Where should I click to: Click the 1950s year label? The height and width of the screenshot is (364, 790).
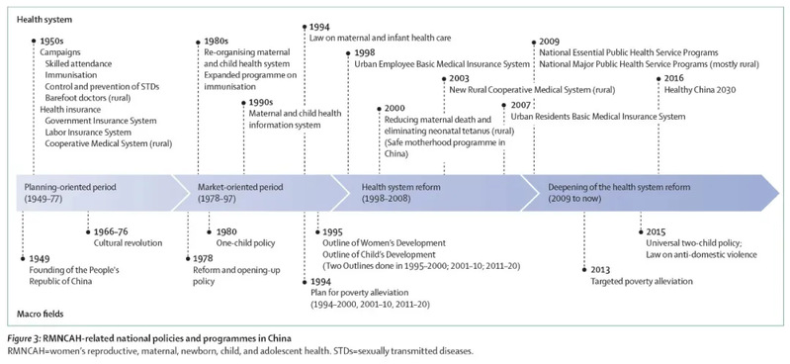[x=51, y=42]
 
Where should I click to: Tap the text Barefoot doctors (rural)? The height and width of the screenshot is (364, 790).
[x=88, y=98]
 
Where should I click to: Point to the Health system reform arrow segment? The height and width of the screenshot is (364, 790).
[x=433, y=193]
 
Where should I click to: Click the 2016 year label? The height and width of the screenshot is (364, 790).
[x=674, y=78]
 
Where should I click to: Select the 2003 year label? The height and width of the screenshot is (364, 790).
[x=459, y=79]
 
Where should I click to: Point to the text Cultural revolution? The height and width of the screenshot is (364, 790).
[x=128, y=243]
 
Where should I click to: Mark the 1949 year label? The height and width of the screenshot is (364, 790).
[x=39, y=258]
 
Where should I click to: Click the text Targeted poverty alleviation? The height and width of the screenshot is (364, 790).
[x=642, y=281]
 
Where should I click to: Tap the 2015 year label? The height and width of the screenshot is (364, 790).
[x=656, y=231]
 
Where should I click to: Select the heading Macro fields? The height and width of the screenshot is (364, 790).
[x=41, y=315]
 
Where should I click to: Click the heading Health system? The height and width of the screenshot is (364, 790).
[x=44, y=20]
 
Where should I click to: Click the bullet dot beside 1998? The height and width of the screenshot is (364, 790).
[x=348, y=53]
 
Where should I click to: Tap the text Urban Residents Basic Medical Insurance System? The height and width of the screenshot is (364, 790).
[x=598, y=117]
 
